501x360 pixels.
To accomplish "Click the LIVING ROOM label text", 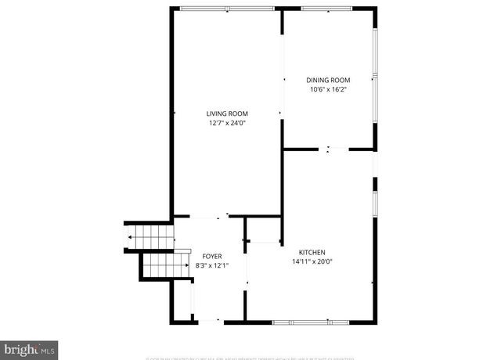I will pyautogui.click(x=228, y=113).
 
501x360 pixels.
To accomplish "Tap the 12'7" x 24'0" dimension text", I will pyautogui.click(x=228, y=123).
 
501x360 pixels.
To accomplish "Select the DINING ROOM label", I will pyautogui.click(x=327, y=80).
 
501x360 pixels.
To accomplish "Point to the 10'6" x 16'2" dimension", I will pyautogui.click(x=327, y=89).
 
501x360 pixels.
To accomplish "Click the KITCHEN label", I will pyautogui.click(x=312, y=252).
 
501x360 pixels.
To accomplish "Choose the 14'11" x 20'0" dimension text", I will pyautogui.click(x=312, y=262).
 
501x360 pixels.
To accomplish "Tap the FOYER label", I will pyautogui.click(x=212, y=256).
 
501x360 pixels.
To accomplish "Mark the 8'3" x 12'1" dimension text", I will pyautogui.click(x=212, y=265).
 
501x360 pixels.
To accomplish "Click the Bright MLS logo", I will pyautogui.click(x=30, y=347).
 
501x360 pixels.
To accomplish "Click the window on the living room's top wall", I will pyautogui.click(x=227, y=9).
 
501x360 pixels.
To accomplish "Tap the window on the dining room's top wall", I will pyautogui.click(x=327, y=9).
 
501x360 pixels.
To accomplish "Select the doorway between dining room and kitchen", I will pyautogui.click(x=329, y=149).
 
